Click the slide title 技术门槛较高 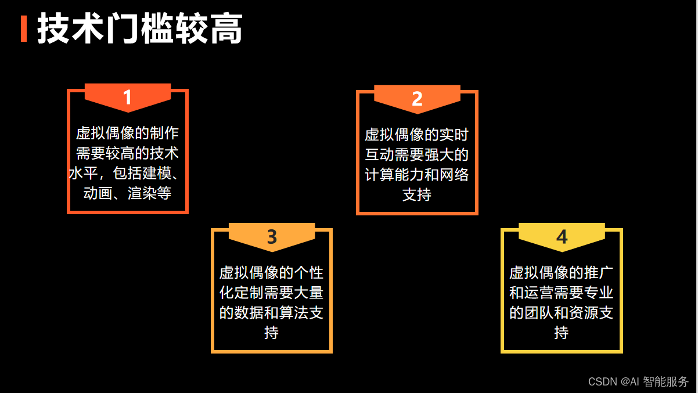(x=139, y=29)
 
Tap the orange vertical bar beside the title (x=24, y=29)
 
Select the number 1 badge (x=128, y=98)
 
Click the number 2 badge (x=417, y=99)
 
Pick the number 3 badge (x=272, y=237)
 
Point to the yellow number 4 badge (x=562, y=237)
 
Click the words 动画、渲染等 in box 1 (x=128, y=193)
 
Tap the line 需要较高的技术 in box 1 (x=128, y=154)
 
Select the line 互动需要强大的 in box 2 (x=417, y=155)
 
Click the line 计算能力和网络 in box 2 (x=417, y=175)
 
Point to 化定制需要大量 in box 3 (x=272, y=293)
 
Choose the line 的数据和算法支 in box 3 (x=272, y=313)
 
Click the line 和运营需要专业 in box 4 (x=562, y=293)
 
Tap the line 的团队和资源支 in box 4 (x=562, y=313)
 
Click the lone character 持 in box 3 (x=272, y=333)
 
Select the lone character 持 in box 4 (x=562, y=333)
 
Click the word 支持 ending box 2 (x=417, y=194)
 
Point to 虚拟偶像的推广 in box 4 (x=562, y=273)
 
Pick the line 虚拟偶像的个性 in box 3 (x=272, y=273)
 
